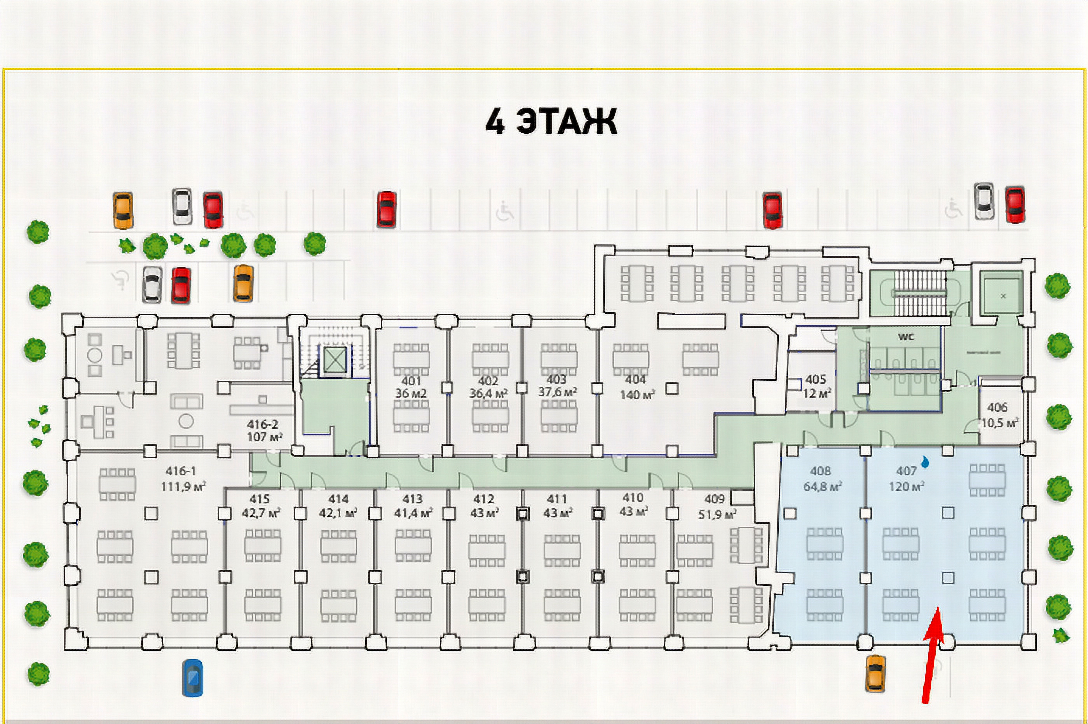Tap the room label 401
[x=411, y=381]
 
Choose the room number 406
[x=997, y=407]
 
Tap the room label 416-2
[x=262, y=424]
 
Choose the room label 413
[x=412, y=499]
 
